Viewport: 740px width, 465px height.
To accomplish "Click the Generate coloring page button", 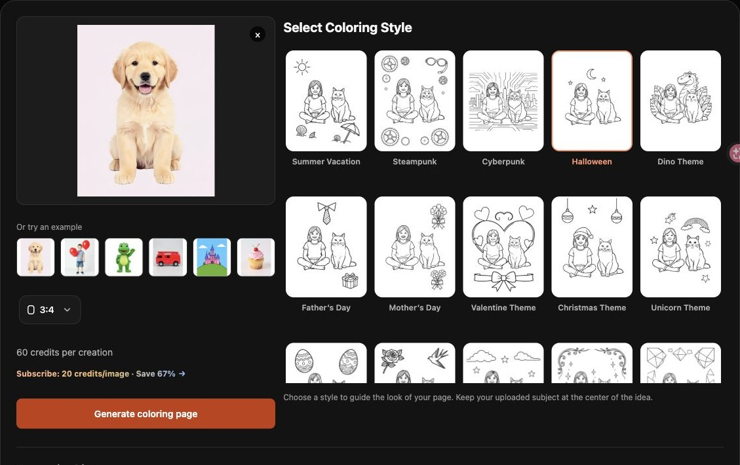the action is [146, 414].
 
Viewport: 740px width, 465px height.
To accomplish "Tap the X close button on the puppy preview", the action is [258, 35].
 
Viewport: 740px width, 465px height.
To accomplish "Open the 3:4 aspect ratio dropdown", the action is [50, 310].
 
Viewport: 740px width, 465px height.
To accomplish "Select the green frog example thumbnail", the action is [124, 257].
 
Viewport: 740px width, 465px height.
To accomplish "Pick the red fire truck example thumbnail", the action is [168, 257].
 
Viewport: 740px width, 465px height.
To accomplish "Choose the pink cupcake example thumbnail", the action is [256, 257].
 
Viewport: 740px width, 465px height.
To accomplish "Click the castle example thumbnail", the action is [212, 257].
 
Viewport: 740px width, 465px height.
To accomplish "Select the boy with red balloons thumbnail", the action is [80, 257].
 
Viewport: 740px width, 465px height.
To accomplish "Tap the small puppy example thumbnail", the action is [35, 257].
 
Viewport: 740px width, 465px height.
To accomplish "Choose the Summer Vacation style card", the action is [326, 101].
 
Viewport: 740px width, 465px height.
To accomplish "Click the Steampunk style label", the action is [415, 161].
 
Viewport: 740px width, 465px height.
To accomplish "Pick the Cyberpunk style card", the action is [503, 101].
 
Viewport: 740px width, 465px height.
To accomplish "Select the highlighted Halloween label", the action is [592, 161].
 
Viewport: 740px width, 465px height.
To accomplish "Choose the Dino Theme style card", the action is [680, 101].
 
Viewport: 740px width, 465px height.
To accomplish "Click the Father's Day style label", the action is [326, 307].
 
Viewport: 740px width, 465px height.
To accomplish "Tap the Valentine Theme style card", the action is [503, 247].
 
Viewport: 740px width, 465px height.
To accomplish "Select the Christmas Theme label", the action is [592, 307].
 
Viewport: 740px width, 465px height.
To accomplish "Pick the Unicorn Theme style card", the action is [680, 247].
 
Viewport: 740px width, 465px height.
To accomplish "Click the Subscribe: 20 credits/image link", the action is [73, 373].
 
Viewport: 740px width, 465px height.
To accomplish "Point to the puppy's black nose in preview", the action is [146, 77].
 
